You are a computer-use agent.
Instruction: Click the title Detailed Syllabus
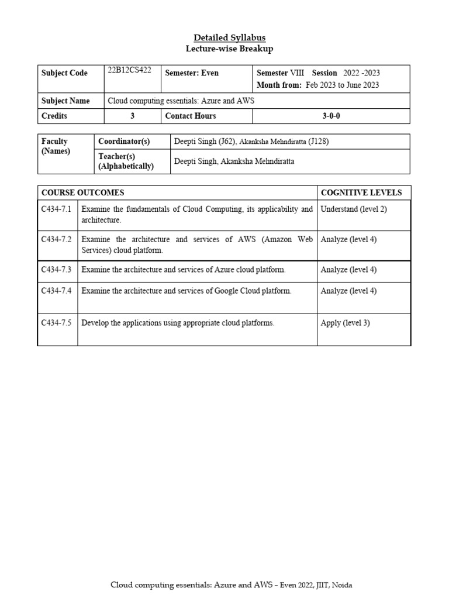coord(225,37)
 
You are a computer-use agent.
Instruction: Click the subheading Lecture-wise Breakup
coord(225,49)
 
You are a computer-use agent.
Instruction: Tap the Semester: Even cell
coord(192,73)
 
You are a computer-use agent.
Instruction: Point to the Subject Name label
coord(65,101)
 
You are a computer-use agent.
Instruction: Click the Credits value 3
coord(132,116)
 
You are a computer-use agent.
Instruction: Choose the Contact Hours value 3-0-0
coord(331,116)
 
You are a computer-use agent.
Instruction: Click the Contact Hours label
coord(191,116)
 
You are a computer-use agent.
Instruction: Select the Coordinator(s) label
coord(124,141)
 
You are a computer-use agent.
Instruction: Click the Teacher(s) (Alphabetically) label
coord(126,161)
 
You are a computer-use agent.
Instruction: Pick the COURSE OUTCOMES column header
coord(82,192)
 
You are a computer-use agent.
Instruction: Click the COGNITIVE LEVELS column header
coord(361,192)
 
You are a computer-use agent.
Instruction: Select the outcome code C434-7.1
coord(56,209)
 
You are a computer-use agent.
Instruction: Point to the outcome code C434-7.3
coord(56,270)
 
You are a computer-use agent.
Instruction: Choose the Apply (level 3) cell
coord(345,322)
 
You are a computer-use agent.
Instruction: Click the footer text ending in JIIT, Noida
coord(232,585)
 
